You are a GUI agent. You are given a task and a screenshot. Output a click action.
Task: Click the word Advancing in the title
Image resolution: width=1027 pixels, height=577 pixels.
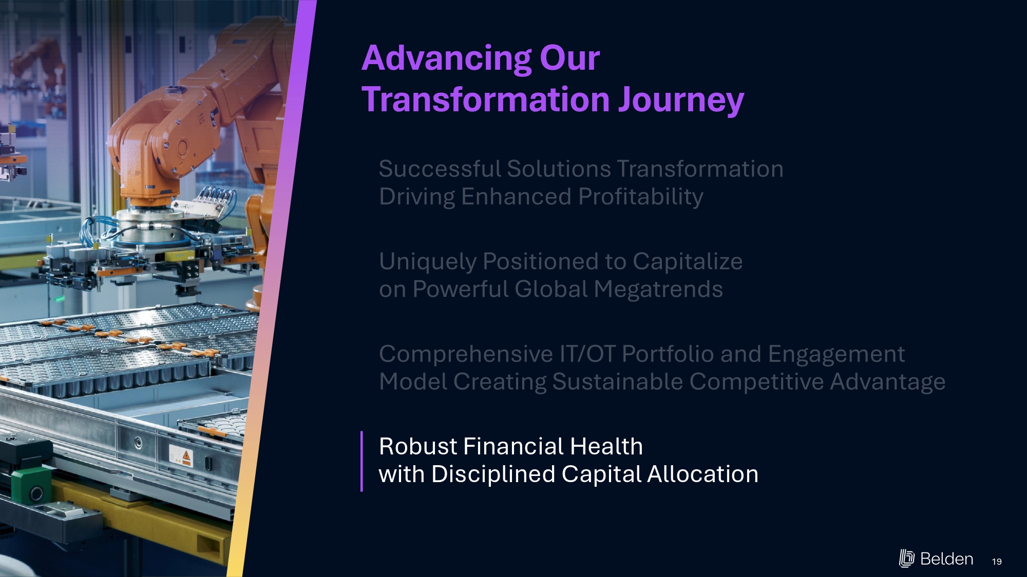pos(447,59)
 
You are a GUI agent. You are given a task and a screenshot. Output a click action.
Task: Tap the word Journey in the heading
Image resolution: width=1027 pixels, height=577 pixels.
pos(681,101)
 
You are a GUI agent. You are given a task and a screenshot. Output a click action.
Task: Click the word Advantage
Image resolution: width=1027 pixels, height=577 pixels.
pos(887,383)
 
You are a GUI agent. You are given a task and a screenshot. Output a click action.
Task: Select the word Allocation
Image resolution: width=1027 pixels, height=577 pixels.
pos(702,474)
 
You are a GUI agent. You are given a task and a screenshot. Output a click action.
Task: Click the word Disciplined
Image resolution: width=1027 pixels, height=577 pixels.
pos(493,475)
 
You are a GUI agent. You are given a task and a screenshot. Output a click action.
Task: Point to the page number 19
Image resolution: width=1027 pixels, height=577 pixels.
pos(997,562)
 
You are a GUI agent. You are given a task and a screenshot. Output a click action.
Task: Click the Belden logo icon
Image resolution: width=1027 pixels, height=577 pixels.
pos(907,558)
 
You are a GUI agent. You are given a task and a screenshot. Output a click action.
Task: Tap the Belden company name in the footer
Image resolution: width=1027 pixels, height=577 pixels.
pos(946,559)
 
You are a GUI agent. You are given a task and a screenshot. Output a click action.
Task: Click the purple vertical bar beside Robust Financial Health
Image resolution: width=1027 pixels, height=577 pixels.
pos(362,461)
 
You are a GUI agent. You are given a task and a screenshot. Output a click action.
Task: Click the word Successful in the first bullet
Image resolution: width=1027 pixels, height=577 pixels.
pos(440,169)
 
